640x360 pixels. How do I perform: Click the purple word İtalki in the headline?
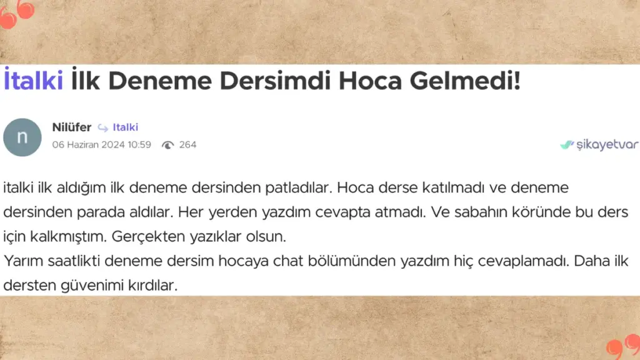[34, 79]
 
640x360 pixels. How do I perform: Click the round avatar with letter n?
[22, 137]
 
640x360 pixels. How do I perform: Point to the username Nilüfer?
[72, 127]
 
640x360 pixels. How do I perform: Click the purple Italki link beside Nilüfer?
[125, 127]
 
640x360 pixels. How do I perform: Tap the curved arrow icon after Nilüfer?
[103, 128]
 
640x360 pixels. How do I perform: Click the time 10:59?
[139, 145]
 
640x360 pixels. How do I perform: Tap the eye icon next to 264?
[167, 145]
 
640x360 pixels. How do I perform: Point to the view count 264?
[187, 145]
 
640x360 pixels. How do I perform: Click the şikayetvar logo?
[599, 144]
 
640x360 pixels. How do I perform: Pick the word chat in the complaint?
[288, 261]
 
